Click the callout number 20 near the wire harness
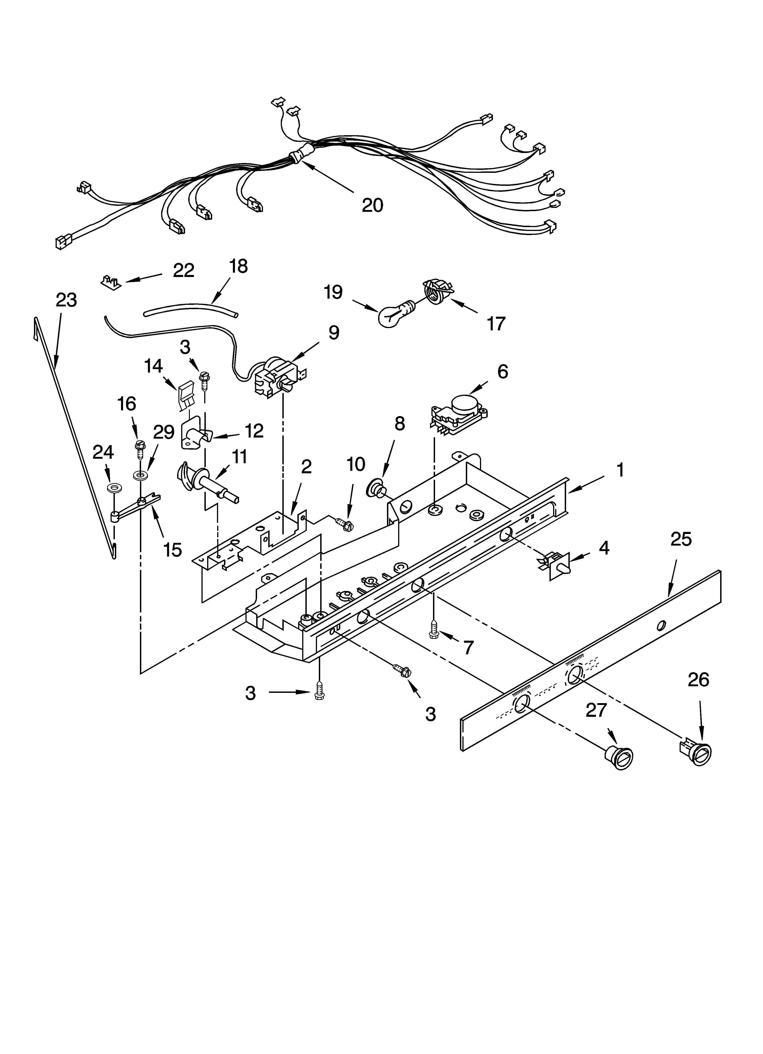372,205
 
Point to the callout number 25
681,539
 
